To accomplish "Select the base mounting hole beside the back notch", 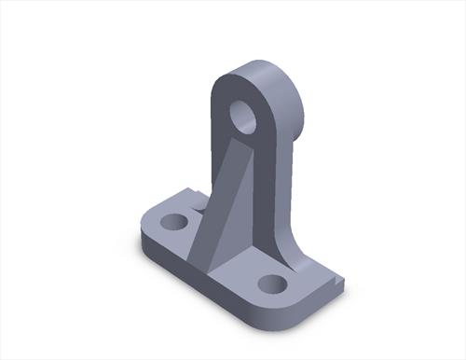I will click(x=174, y=222).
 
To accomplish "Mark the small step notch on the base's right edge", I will click(x=336, y=278).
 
